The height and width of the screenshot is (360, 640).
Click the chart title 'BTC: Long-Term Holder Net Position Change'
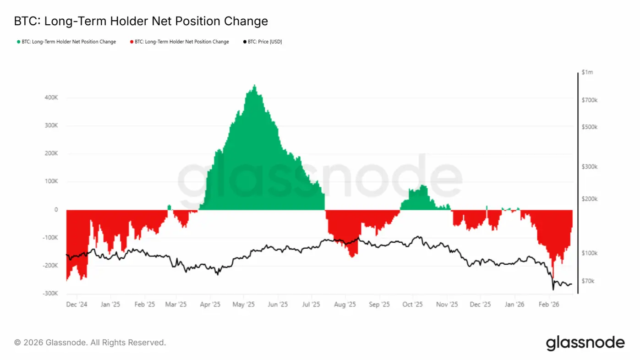coord(141,21)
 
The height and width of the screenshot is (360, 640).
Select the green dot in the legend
coord(19,42)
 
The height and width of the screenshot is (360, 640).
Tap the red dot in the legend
coord(131,42)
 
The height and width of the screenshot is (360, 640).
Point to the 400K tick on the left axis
coord(50,98)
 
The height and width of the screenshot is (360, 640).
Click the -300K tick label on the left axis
coord(49,293)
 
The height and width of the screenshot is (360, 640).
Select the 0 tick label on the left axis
coord(56,210)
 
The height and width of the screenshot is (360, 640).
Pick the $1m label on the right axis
coord(587,72)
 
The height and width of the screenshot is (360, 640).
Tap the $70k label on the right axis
coord(588,281)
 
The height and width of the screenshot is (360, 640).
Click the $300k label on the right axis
coord(589,167)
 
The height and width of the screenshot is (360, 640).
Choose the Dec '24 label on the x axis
coord(77,304)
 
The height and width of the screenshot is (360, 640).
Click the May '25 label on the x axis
coord(243,304)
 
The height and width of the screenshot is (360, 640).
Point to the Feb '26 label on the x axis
coord(548,304)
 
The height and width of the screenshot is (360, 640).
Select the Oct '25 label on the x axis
coord(412,304)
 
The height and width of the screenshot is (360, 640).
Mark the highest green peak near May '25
coord(254,86)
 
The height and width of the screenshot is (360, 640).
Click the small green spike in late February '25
coord(169,206)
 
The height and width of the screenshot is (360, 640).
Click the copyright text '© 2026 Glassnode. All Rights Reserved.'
coord(90,342)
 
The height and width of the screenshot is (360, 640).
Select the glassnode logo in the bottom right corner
coord(585,343)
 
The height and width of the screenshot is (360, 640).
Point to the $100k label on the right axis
coord(589,253)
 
